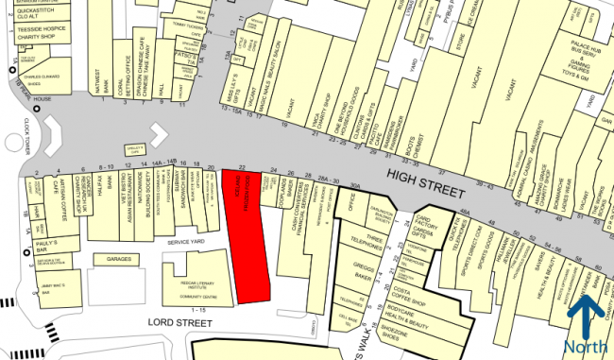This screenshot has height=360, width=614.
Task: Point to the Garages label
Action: coord(118,258)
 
